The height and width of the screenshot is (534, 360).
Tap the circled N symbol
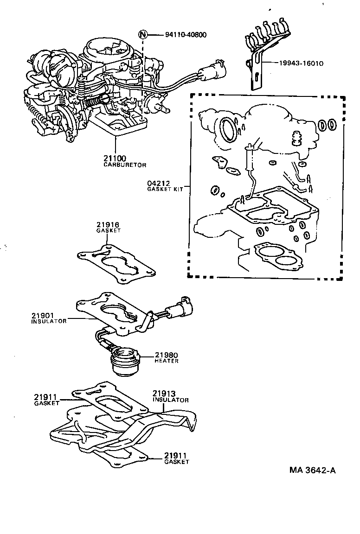[143, 35]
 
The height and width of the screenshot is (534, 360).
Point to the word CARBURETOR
[124, 165]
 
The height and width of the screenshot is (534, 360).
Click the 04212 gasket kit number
[159, 183]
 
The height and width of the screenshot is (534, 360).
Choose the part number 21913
[164, 393]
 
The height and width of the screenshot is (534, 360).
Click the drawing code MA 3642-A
[312, 470]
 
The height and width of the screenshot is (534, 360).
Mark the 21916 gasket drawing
[115, 261]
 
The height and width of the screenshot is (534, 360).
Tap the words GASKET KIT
[165, 189]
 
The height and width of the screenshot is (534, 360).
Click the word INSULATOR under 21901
[49, 321]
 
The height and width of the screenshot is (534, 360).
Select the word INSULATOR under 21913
[171, 400]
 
